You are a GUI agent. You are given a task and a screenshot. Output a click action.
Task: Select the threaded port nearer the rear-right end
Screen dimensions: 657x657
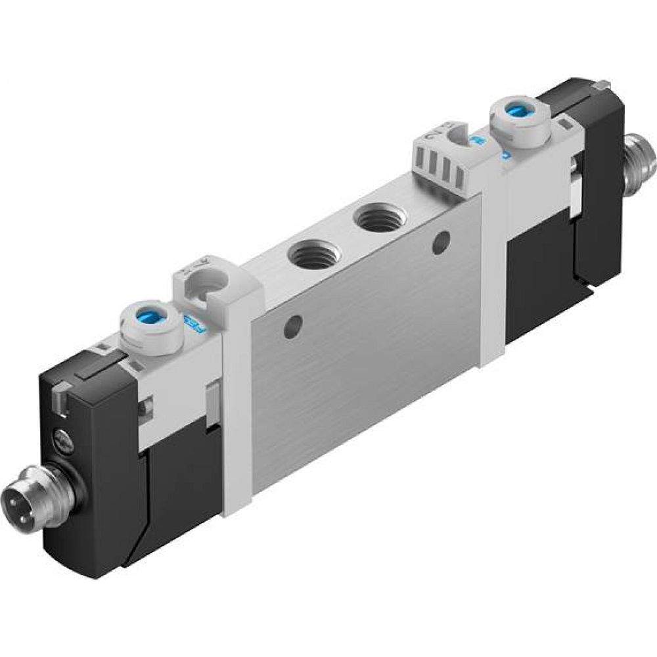click(378, 219)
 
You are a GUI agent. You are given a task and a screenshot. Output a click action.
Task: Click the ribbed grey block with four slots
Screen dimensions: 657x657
click(439, 171)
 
